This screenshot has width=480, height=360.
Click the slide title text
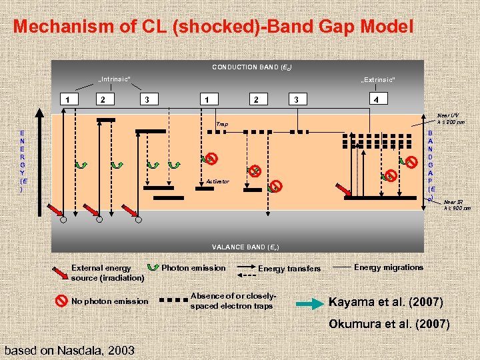pos(213,27)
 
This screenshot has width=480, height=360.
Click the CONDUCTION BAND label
pos(252,67)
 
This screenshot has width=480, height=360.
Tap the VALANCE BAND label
pos(245,247)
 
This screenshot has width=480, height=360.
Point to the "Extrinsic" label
pos(377,80)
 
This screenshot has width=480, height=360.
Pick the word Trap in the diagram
pos(221,125)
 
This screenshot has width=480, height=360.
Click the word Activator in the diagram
pos(217,181)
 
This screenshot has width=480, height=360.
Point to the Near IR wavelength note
pos(457,205)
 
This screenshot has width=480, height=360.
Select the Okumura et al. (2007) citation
pos(389,325)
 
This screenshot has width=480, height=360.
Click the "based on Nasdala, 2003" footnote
pos(69,350)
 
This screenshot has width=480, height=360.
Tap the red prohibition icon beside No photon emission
pos(61,301)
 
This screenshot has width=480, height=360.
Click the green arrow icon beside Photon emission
pos(153,268)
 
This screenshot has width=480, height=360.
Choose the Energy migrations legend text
pos(389,267)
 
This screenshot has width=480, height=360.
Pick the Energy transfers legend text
pos(289,269)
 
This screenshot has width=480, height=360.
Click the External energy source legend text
pos(107,273)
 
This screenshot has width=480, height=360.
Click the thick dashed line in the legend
pos(172,301)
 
